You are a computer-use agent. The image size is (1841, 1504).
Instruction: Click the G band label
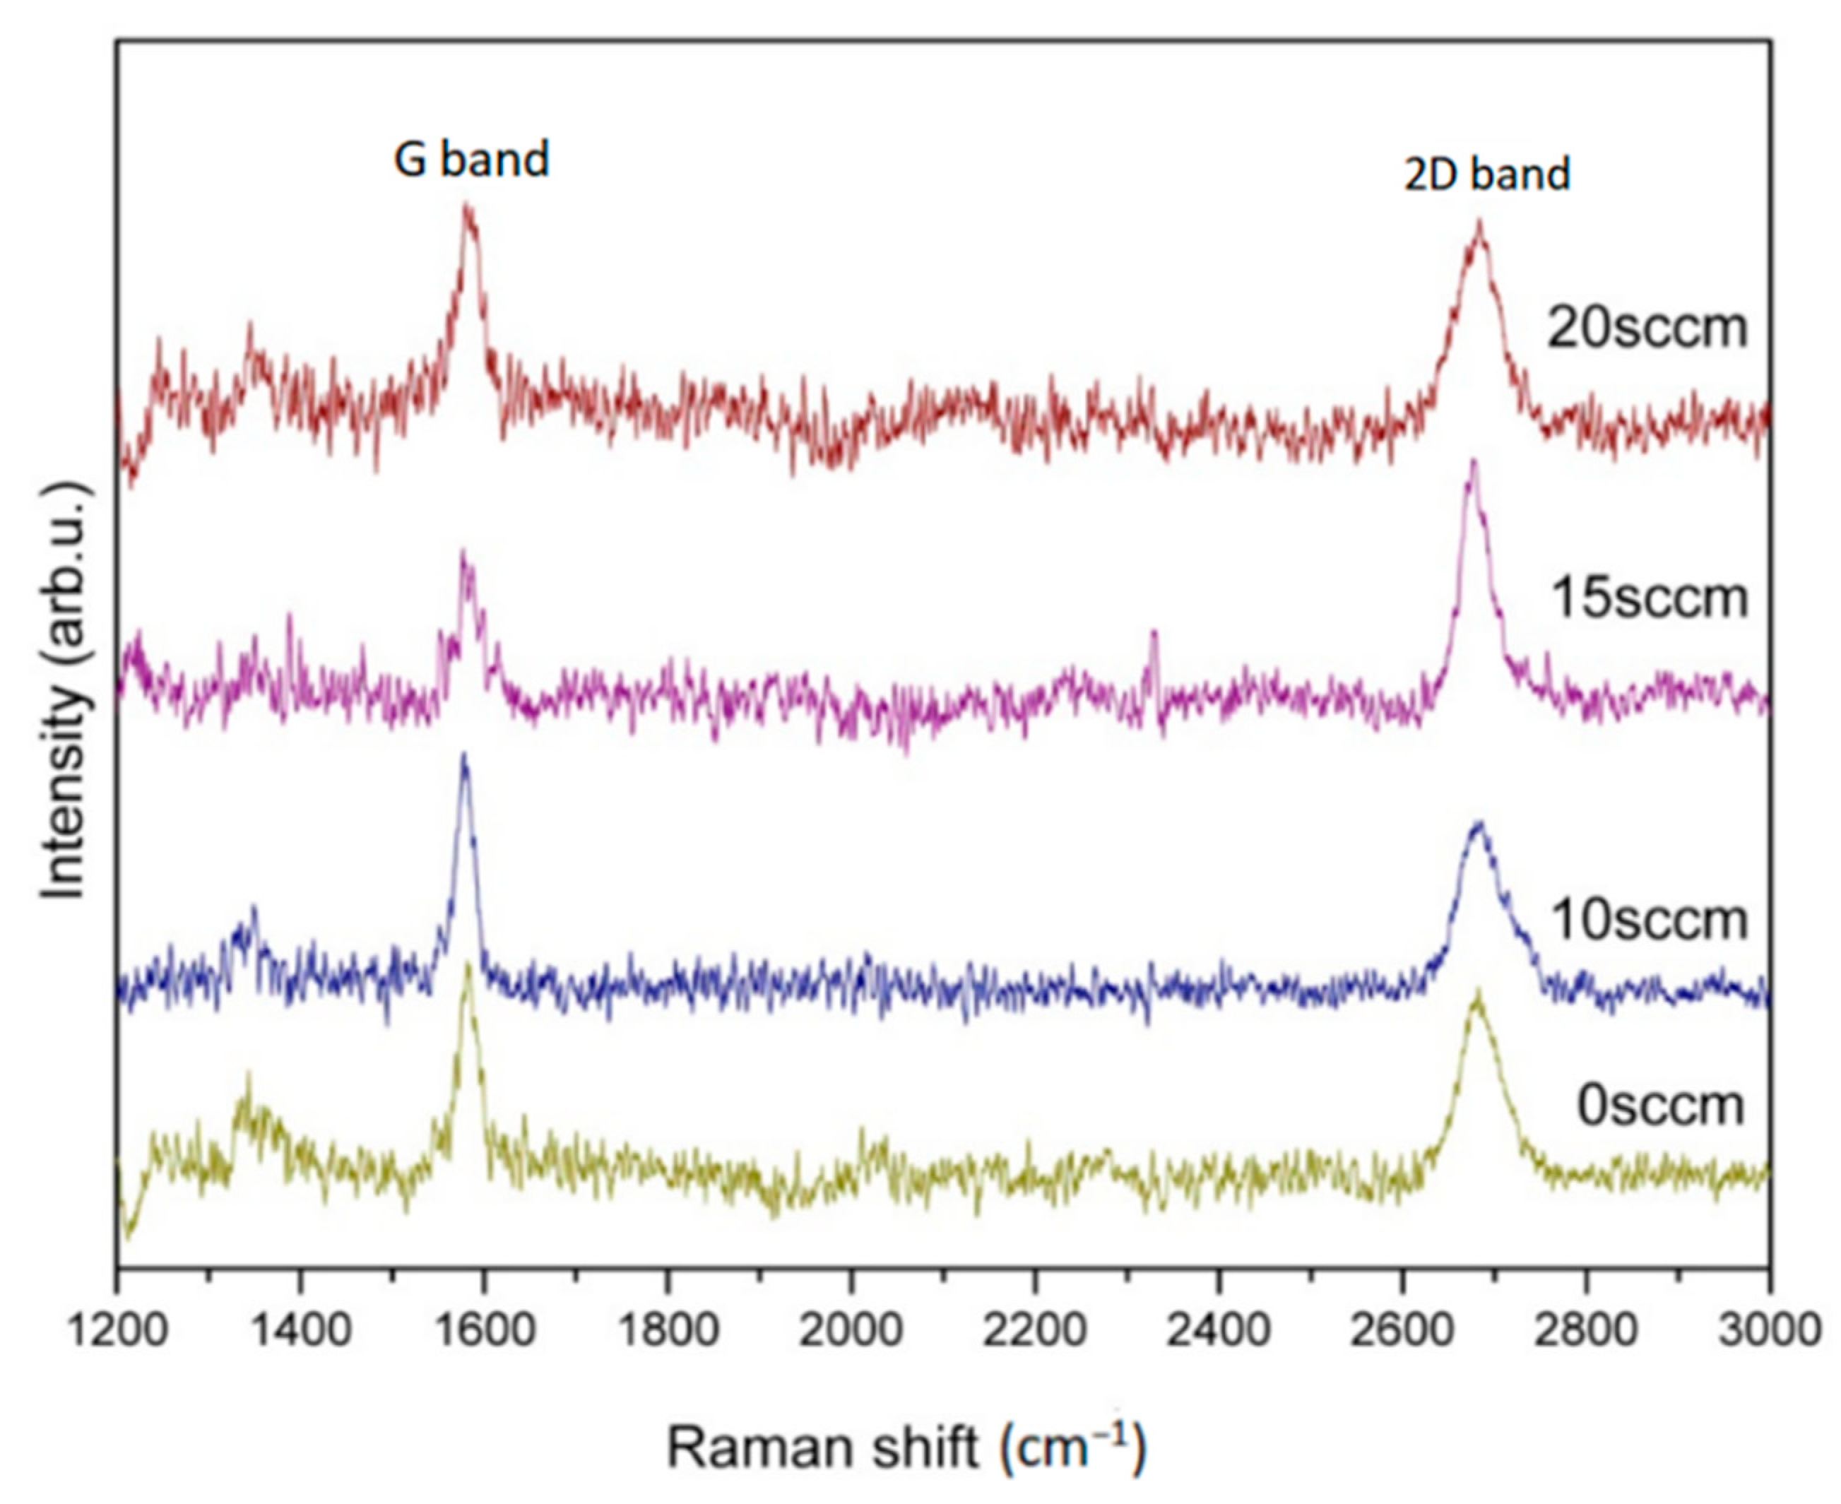click(x=471, y=160)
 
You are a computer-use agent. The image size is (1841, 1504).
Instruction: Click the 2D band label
click(x=1486, y=174)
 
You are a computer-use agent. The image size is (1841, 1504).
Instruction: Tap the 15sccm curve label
click(x=1650, y=598)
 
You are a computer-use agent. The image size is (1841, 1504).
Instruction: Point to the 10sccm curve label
click(x=1650, y=920)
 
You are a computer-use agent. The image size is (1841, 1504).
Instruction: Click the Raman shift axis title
click(x=906, y=1447)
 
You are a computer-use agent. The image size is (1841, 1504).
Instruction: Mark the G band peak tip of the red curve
click(x=468, y=206)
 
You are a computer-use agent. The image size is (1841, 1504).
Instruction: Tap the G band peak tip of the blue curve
click(x=464, y=755)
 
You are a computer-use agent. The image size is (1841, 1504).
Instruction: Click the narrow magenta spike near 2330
click(x=1153, y=632)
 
